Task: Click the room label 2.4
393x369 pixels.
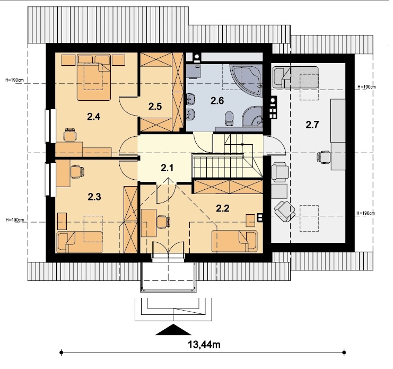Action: click(94, 117)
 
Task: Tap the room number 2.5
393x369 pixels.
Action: click(155, 107)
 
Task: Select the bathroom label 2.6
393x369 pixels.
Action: click(217, 101)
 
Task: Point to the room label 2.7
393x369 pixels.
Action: click(312, 125)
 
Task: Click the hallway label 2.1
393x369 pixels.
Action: click(167, 168)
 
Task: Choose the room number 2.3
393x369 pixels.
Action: click(94, 197)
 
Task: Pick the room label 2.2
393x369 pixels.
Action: click(223, 208)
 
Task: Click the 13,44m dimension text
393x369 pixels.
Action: click(204, 345)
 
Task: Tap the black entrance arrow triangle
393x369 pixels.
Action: click(173, 329)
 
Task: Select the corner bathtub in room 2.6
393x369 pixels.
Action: click(247, 80)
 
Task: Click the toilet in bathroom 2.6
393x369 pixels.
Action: click(229, 118)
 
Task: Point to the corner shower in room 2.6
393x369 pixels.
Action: click(252, 117)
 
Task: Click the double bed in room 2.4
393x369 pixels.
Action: click(94, 77)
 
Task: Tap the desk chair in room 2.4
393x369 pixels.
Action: click(70, 135)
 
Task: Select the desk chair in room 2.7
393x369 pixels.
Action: click(324, 157)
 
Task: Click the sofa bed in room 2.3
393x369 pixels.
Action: click(80, 242)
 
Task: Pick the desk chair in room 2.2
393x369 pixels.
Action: click(163, 222)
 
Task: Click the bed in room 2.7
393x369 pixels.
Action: click(295, 77)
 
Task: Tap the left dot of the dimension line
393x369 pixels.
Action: click(62, 353)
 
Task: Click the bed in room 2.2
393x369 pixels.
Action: click(234, 241)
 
